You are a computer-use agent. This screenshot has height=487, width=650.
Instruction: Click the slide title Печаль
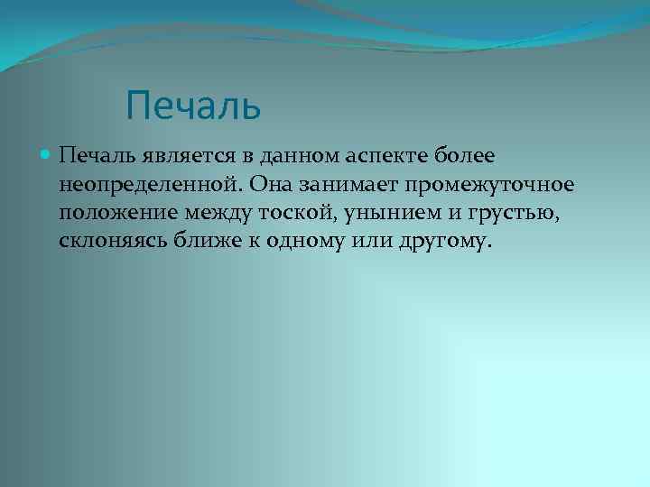click(x=194, y=105)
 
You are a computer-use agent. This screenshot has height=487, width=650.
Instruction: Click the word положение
click(x=117, y=215)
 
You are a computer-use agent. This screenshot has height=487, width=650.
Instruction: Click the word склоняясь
click(x=113, y=243)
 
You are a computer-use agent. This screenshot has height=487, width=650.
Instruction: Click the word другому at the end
click(x=452, y=243)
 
